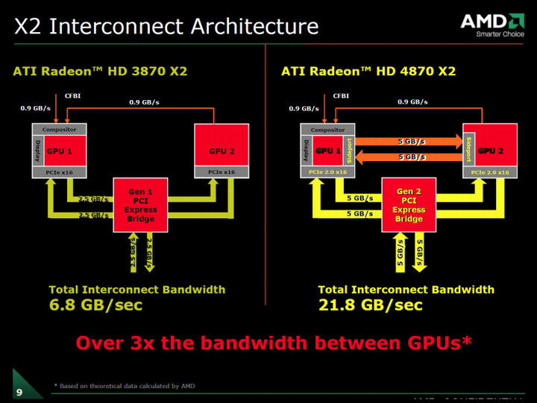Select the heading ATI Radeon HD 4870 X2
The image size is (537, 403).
point(368,72)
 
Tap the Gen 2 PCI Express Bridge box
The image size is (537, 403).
point(409,204)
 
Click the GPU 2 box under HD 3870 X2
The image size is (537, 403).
point(218,151)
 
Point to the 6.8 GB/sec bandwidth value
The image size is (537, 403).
point(95,305)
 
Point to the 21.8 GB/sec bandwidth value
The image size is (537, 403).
point(370,305)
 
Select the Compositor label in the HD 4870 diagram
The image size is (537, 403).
point(327,129)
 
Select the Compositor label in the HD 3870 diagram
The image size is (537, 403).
point(59,129)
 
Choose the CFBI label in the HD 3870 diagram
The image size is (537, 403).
point(73,96)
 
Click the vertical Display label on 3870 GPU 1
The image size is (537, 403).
point(35,151)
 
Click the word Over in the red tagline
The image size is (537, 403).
point(99,343)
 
